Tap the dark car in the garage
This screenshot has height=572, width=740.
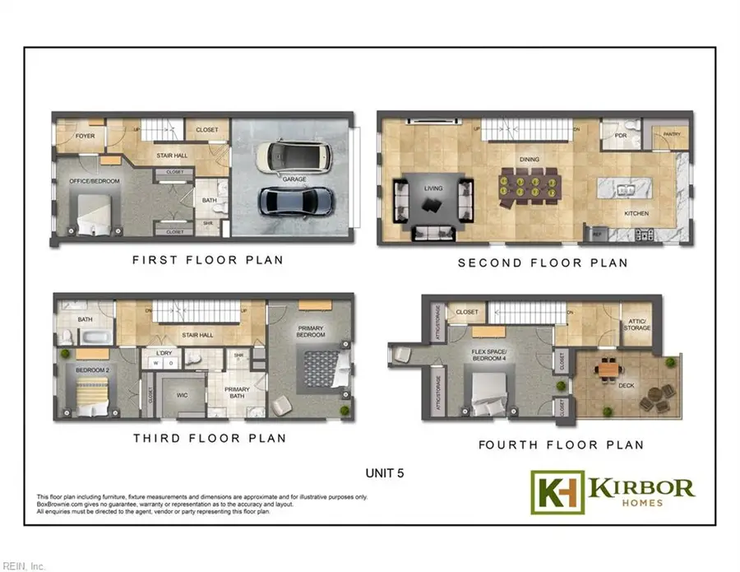[x=296, y=201]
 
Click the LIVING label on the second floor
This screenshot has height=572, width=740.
[x=433, y=188]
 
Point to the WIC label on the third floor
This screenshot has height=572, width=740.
[x=183, y=395]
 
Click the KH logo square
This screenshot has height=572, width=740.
[x=557, y=492]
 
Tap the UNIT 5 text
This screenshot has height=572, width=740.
[x=386, y=473]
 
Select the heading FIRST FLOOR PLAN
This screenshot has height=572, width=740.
[x=208, y=260]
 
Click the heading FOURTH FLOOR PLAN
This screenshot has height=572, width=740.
[x=561, y=444]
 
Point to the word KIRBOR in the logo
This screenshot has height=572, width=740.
[x=641, y=486]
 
